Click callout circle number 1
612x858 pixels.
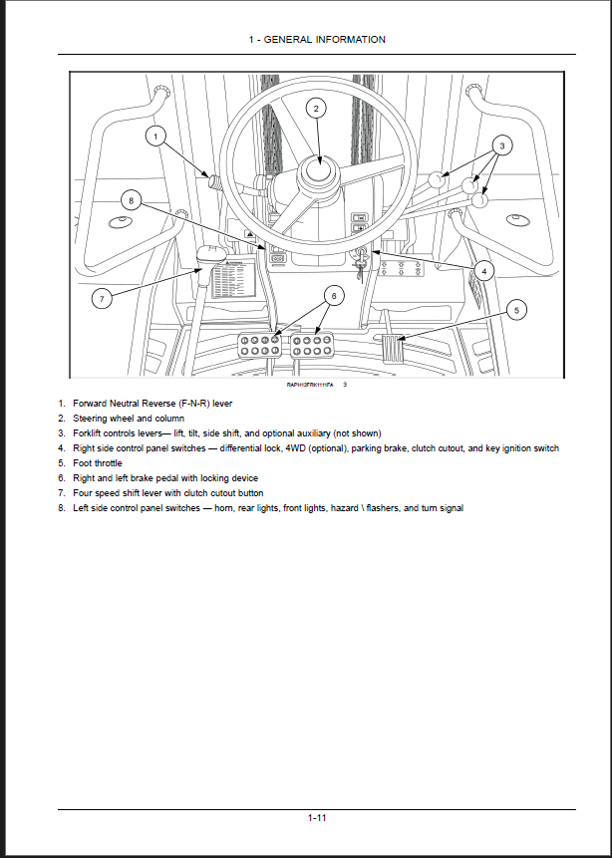click(x=154, y=136)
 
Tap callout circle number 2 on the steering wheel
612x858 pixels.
click(x=315, y=109)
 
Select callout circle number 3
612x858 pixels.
click(x=502, y=145)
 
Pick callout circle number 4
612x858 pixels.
click(x=483, y=270)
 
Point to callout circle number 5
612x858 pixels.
click(x=515, y=310)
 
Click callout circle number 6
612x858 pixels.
click(x=334, y=295)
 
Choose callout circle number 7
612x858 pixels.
click(x=101, y=299)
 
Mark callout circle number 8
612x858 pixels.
click(x=130, y=199)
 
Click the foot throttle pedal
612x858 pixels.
click(x=392, y=350)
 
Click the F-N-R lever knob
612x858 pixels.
click(x=211, y=180)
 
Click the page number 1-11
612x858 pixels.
click(x=317, y=817)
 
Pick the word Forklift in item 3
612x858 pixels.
click(x=90, y=433)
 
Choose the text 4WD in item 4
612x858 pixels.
click(x=297, y=448)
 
